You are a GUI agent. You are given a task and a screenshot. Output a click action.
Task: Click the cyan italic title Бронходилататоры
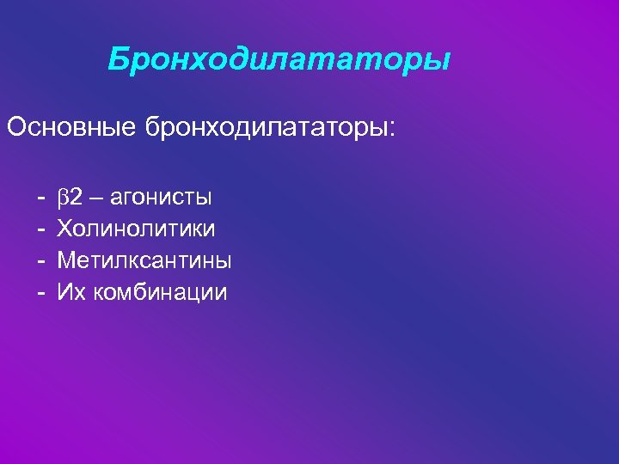click(x=279, y=60)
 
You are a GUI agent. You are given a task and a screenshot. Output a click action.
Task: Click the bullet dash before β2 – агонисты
click(x=40, y=198)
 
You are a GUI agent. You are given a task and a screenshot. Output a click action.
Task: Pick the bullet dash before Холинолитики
click(x=40, y=229)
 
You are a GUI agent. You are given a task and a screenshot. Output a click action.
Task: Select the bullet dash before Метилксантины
click(x=40, y=260)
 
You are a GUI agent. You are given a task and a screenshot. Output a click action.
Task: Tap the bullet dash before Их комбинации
click(x=40, y=292)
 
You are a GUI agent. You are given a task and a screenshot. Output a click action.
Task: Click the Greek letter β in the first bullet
click(x=63, y=198)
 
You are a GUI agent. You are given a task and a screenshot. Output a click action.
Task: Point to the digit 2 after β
click(x=76, y=198)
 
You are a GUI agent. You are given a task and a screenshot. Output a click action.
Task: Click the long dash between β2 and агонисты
click(x=96, y=198)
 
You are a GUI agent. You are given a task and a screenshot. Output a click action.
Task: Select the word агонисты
click(x=162, y=198)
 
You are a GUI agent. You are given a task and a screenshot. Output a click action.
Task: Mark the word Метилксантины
click(x=144, y=260)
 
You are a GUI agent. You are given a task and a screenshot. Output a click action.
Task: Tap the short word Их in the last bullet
click(x=69, y=292)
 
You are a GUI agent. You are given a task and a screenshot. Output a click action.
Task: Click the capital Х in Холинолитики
click(x=64, y=229)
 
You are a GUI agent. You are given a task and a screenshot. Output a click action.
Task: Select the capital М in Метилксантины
click(x=66, y=260)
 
